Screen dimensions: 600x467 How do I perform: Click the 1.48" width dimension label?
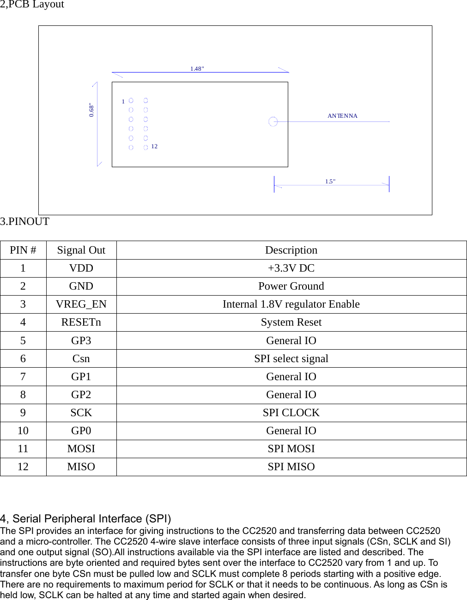coord(197,69)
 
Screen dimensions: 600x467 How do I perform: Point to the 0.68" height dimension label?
coord(91,110)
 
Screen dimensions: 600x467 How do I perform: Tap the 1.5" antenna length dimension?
coord(330,182)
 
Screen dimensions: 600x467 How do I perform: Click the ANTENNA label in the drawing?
coord(342,116)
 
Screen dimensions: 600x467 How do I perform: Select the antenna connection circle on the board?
coord(273,121)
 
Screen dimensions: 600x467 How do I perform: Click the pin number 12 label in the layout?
coord(154,146)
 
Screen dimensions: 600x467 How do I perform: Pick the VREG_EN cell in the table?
coord(81,304)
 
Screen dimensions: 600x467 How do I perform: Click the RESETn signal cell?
coord(81,322)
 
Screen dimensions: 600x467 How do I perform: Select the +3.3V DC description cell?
coord(291,268)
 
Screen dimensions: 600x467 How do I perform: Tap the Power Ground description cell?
coord(291,286)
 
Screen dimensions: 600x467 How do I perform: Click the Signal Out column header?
coord(81,250)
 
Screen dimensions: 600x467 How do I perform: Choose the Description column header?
coord(291,250)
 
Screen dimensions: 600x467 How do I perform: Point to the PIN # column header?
coord(23,250)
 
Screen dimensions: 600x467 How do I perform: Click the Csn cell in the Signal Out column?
coord(81,359)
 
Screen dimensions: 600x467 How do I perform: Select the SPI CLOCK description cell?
coord(291,413)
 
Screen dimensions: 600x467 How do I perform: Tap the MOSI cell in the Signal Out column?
coord(81,449)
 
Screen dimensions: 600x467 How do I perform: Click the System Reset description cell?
coord(291,322)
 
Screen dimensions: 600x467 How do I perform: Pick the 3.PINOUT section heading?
coord(25,222)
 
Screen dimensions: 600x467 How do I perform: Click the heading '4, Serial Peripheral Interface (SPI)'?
coord(85,519)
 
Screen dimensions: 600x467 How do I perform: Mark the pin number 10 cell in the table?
coord(23,431)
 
